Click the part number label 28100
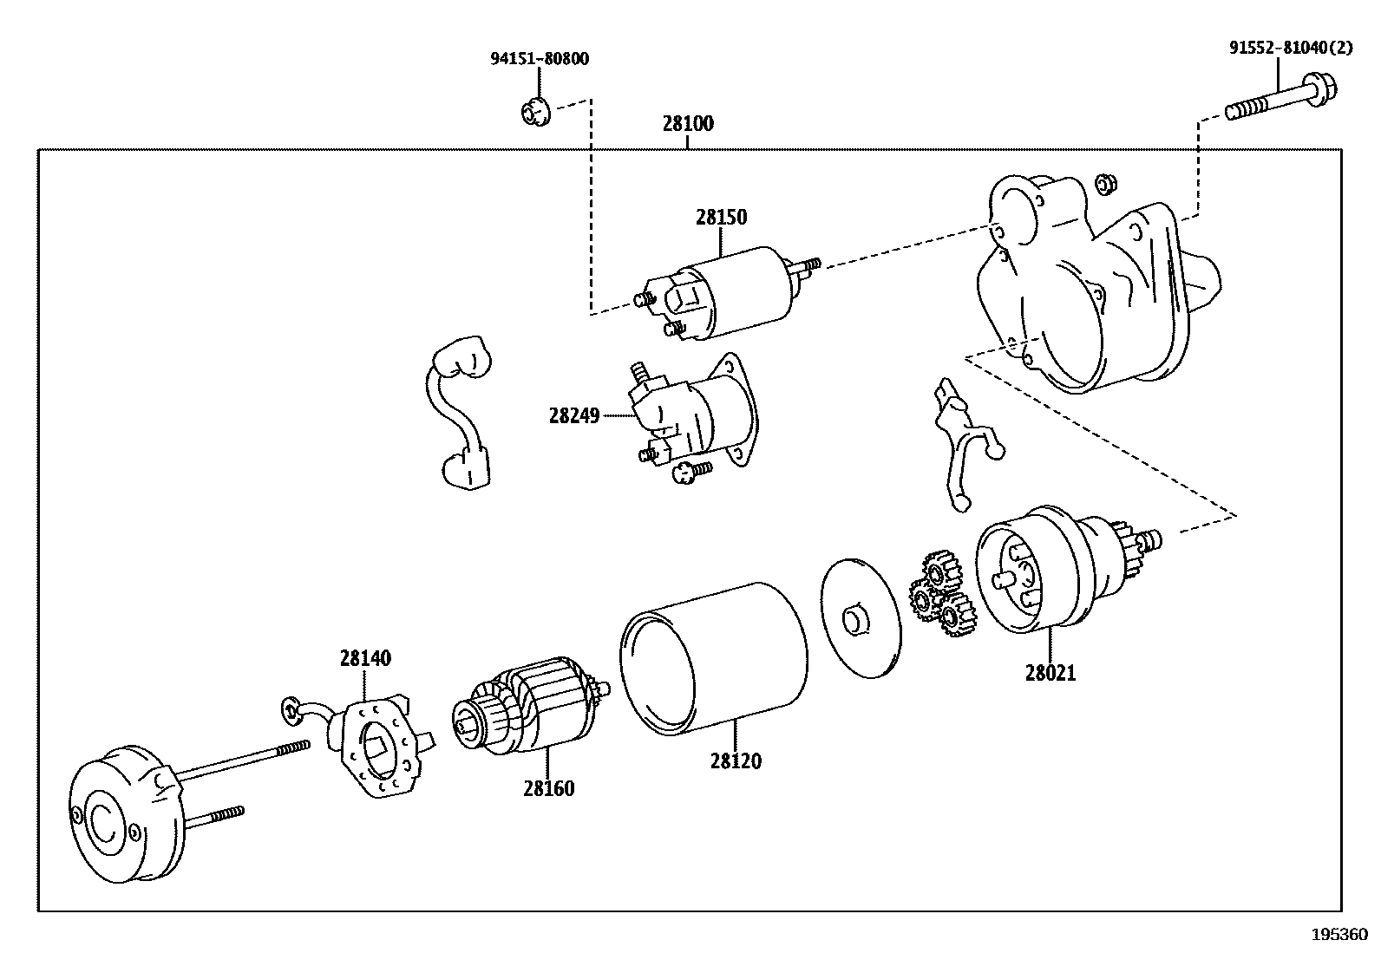[688, 124]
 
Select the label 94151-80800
[539, 59]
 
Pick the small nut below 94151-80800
[533, 113]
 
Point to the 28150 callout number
[721, 217]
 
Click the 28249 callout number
[573, 415]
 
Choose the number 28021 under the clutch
[1050, 673]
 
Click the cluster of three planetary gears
[942, 598]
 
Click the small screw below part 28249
[692, 471]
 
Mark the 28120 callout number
[736, 761]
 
